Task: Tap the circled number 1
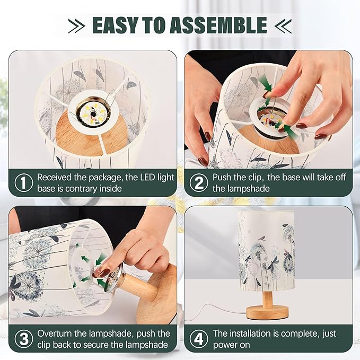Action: (24, 182)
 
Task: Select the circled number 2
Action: (199, 183)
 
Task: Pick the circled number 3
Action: (24, 339)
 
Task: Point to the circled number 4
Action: (199, 339)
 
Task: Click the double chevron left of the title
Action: (77, 26)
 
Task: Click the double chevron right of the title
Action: (283, 26)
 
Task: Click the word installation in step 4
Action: (250, 333)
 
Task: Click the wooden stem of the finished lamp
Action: (267, 298)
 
